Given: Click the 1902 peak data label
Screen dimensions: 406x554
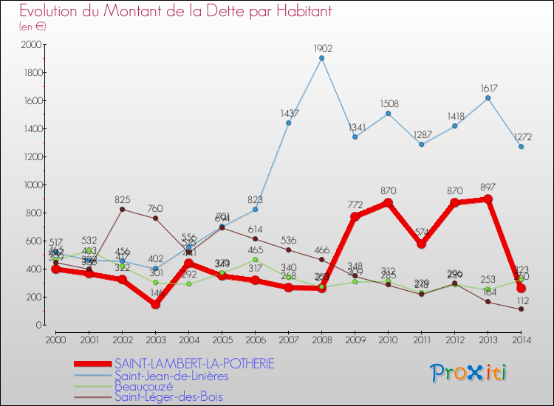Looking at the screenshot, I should click(x=322, y=49).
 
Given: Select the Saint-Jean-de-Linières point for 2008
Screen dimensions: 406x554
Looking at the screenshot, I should click(x=322, y=58).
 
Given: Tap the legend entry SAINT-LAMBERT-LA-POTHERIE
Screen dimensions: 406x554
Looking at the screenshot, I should click(x=194, y=363).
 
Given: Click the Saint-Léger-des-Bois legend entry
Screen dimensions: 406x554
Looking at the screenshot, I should click(x=168, y=396).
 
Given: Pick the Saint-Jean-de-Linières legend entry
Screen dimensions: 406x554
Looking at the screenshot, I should click(x=171, y=374).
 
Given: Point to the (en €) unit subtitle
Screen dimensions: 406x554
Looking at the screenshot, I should click(x=33, y=26).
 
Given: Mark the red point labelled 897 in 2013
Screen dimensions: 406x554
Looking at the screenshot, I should click(x=488, y=199).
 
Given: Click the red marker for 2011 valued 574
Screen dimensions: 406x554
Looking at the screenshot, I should click(x=421, y=244).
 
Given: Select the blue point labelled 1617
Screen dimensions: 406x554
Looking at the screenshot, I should click(x=488, y=98).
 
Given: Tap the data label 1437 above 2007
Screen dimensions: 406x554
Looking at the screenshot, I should click(x=289, y=113).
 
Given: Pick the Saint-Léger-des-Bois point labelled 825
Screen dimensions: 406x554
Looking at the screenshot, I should click(x=123, y=209).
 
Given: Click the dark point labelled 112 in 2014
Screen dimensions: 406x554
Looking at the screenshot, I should click(x=521, y=309).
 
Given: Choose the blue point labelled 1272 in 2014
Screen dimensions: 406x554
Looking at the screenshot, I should click(x=521, y=146).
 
